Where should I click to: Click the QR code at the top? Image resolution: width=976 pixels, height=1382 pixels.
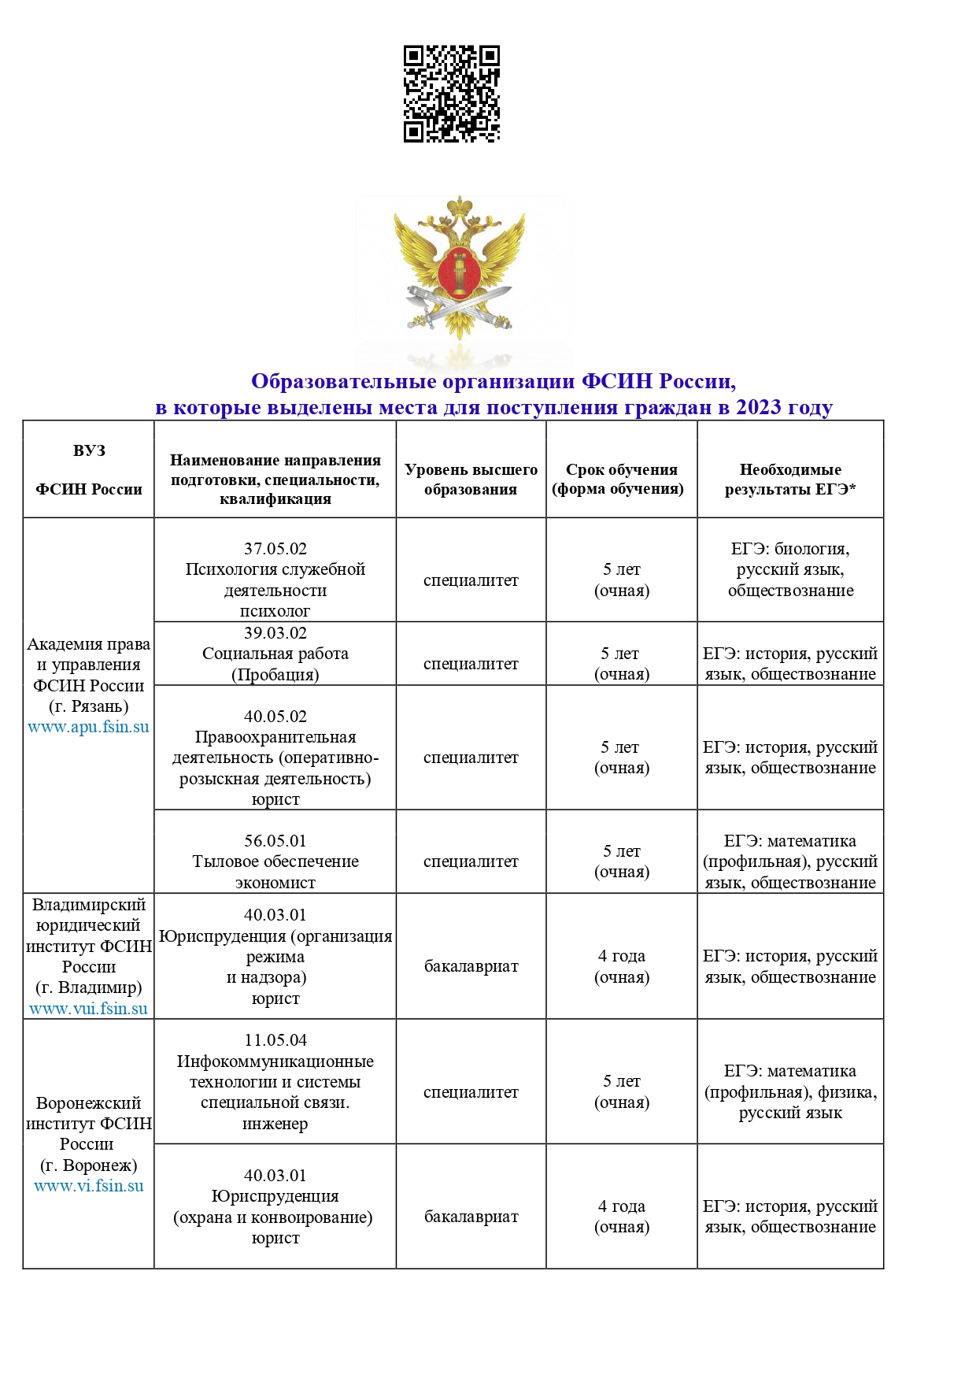coord(452,94)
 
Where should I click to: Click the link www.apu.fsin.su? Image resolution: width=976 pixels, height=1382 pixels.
coord(88,727)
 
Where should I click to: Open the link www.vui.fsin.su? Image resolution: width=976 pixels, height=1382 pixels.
coord(88,1009)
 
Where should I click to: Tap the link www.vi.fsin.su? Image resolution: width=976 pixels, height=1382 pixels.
coord(88,1186)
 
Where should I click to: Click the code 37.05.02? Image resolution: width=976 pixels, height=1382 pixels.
coord(275,549)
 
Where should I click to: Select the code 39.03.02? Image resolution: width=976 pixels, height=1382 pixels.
coord(275,633)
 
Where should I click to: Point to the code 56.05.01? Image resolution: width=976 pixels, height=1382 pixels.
coord(275,841)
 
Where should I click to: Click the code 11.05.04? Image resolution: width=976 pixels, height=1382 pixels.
coord(275,1040)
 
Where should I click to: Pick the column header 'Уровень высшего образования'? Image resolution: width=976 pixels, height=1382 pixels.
coord(471,480)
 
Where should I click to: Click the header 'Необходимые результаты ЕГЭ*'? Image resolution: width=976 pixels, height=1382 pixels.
coord(790,480)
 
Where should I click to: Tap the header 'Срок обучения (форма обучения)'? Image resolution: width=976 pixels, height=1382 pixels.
coord(621,480)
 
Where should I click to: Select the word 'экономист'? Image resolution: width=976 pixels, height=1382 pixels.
coord(275,883)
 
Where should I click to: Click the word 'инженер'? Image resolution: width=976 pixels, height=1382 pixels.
coord(275,1124)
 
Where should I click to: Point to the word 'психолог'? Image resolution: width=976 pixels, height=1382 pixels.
coord(275,611)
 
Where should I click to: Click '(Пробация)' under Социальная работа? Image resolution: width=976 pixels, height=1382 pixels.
coord(275,675)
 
